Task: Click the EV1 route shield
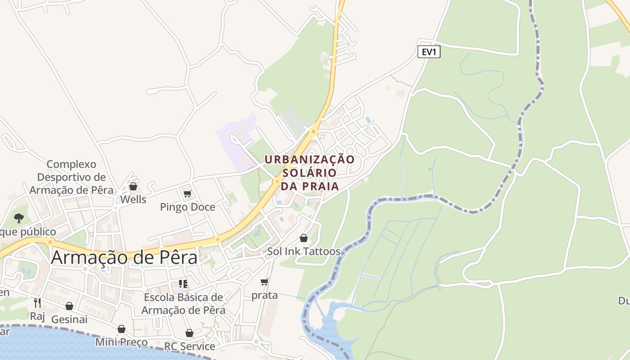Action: pos(429,52)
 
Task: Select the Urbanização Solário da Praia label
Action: pos(310,172)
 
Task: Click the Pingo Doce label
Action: pos(188,207)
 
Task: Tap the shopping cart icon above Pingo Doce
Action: pos(188,194)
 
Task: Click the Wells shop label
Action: pos(133,199)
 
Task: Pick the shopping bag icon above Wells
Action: pos(133,186)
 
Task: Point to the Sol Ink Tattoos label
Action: pos(304,251)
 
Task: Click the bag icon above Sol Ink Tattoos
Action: pos(304,238)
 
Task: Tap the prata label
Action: pos(265,296)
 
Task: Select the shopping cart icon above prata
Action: pos(265,282)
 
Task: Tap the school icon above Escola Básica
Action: pos(183,284)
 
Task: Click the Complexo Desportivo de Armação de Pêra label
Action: pos(72,177)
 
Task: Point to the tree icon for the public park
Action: pos(19,218)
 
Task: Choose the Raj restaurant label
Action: pos(37,316)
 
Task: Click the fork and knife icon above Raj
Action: pos(37,303)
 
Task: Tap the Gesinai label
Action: pos(69,319)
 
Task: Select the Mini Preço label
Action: pos(121,342)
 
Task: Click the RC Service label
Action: pos(189,346)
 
